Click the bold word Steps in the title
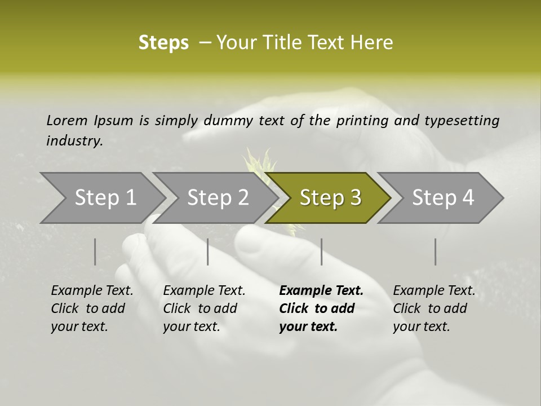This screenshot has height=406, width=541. click(x=163, y=43)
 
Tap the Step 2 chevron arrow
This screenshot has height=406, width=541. click(x=218, y=198)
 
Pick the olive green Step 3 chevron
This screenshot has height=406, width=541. click(x=330, y=198)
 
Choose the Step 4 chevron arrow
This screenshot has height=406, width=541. click(x=443, y=198)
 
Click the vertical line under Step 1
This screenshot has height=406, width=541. click(x=95, y=251)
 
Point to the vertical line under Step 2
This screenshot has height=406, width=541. click(x=208, y=251)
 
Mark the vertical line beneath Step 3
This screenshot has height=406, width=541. click(x=322, y=251)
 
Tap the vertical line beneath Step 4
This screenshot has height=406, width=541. click(x=436, y=251)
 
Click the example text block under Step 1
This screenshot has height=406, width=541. click(x=92, y=308)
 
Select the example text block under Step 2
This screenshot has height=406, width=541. click(x=204, y=308)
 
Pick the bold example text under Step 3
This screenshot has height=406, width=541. click(x=321, y=308)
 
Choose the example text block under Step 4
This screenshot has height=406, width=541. click(x=434, y=308)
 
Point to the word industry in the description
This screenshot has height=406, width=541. click(x=74, y=141)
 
